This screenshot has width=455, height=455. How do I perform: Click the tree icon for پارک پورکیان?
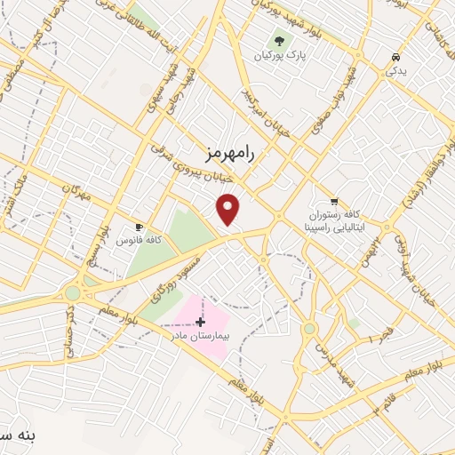coord(281,41)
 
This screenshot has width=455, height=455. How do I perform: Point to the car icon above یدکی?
coord(394,58)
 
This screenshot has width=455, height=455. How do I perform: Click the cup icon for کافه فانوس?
coord(139,226)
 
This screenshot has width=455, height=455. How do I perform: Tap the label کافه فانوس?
coord(137,241)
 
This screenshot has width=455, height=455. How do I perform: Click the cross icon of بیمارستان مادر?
coord(200,321)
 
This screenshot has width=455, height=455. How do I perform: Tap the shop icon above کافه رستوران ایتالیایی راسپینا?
coord(334,201)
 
